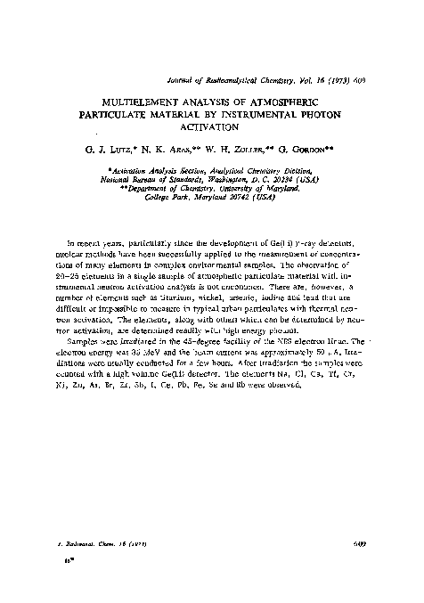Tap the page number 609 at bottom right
[351, 542]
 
